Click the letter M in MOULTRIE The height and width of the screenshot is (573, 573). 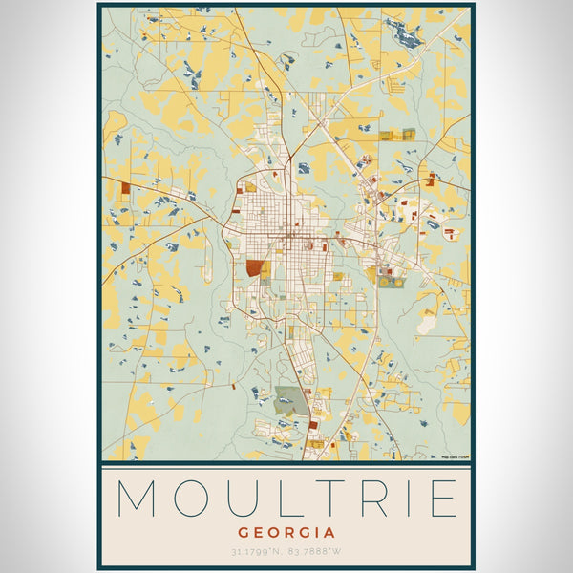point(137,499)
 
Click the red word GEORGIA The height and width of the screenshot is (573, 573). point(286,532)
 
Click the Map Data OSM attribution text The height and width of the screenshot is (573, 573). point(454,457)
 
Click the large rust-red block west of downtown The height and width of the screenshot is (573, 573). point(253,268)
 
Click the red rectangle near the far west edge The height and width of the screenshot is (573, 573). point(125,187)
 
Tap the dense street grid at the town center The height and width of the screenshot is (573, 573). point(286,234)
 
